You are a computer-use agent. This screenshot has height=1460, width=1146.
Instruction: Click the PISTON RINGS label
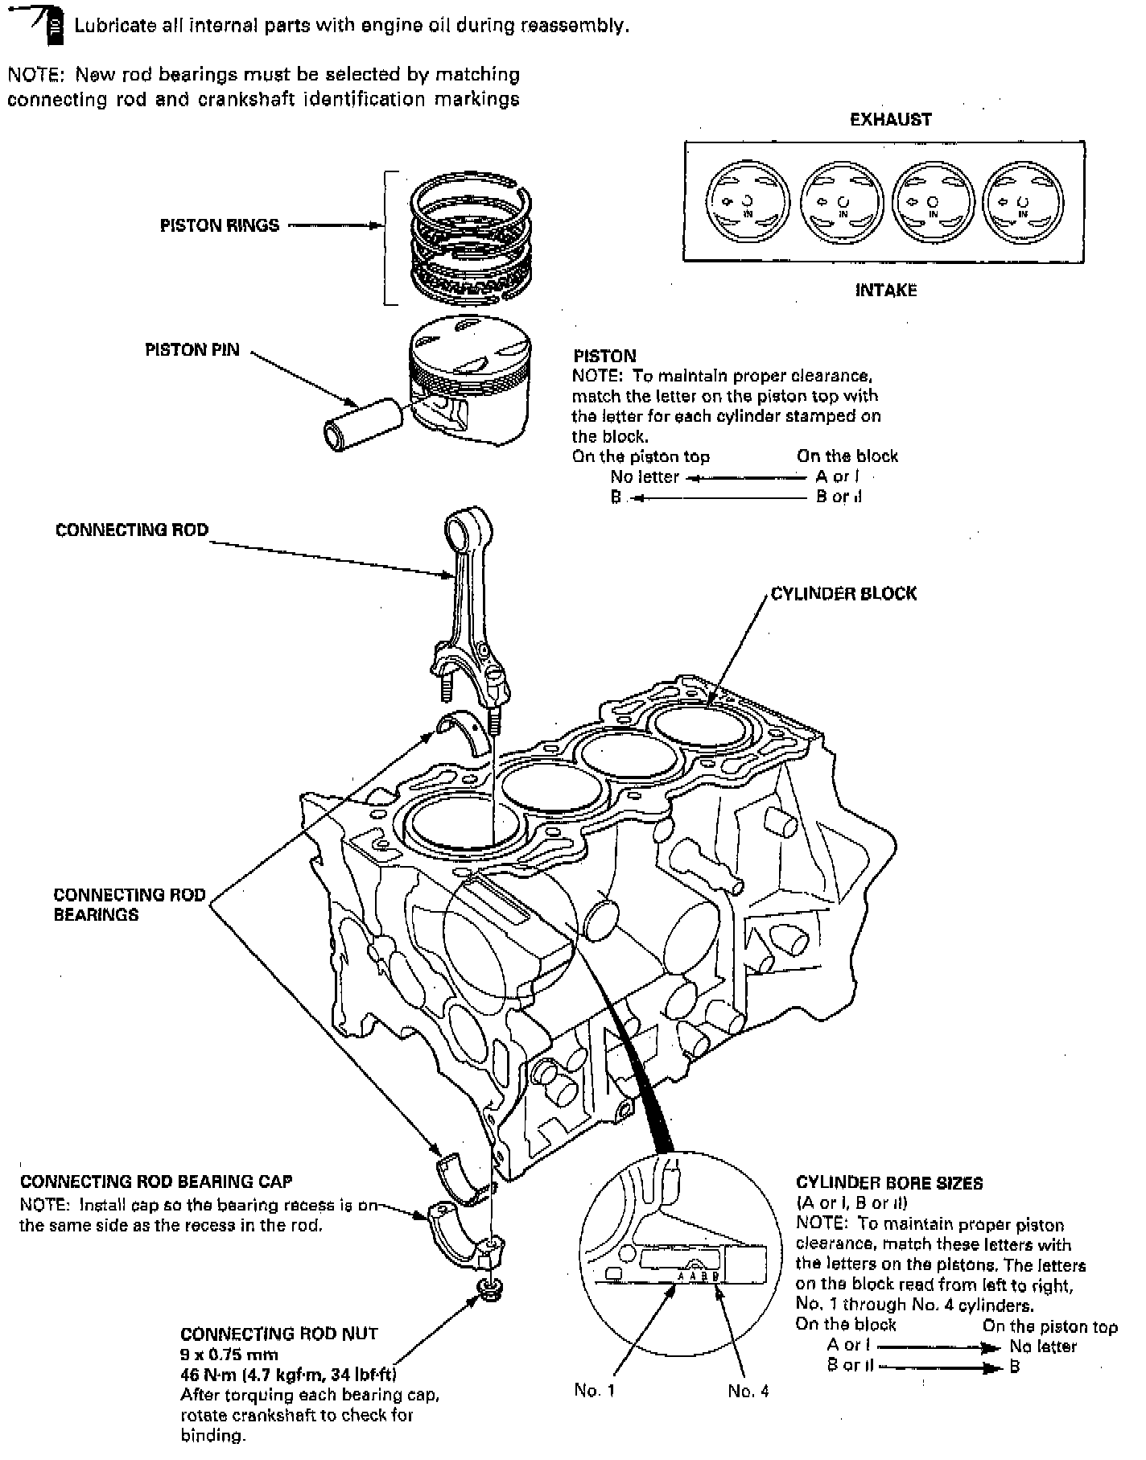tap(219, 225)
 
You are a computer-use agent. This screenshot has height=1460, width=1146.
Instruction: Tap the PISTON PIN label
tap(192, 350)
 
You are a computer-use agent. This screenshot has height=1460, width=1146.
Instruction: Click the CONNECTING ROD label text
tap(131, 530)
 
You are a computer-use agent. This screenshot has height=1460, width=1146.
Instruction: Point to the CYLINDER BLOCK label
tap(843, 594)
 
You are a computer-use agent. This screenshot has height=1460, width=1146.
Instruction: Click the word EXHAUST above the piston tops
tap(890, 120)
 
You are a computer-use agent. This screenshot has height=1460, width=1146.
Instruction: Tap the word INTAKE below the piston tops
tap(885, 290)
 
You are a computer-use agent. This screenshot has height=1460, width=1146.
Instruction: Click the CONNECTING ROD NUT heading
tap(278, 1334)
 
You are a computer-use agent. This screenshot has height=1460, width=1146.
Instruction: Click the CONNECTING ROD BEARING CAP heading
tap(156, 1182)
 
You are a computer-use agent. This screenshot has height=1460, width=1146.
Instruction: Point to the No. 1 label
tap(595, 1391)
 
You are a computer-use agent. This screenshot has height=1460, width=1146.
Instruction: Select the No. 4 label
tap(748, 1391)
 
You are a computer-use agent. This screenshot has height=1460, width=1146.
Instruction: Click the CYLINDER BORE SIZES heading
tap(889, 1183)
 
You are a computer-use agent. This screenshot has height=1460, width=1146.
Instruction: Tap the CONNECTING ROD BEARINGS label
tap(129, 905)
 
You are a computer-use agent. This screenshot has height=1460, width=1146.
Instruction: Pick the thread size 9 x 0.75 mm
tap(229, 1355)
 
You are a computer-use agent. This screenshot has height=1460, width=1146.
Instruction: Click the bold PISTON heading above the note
tap(604, 356)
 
